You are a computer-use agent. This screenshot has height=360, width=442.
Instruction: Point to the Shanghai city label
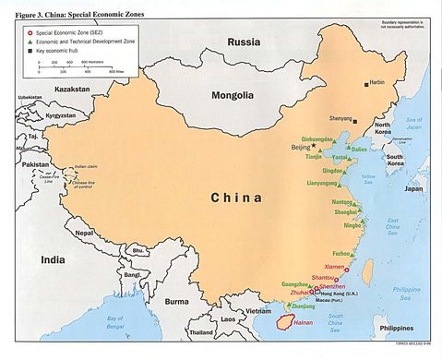346,211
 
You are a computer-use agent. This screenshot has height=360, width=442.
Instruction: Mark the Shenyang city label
340,118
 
